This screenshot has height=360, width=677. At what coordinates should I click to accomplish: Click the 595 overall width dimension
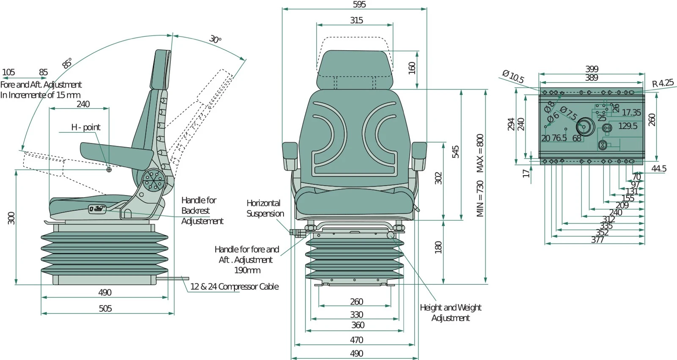(x=359, y=5)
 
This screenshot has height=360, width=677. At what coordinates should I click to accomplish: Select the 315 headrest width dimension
(x=356, y=20)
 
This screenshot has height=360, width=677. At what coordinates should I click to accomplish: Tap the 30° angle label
(x=215, y=39)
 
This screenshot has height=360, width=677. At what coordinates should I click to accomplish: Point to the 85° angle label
(x=67, y=63)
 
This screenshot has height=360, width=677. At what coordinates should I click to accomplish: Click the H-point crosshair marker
(x=109, y=170)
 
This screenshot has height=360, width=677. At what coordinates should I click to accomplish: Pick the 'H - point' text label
(x=85, y=127)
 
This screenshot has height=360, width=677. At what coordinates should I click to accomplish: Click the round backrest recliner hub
(x=152, y=181)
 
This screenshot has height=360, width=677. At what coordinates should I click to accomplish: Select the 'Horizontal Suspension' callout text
(x=265, y=209)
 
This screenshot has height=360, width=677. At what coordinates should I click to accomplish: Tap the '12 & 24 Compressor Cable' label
(x=234, y=287)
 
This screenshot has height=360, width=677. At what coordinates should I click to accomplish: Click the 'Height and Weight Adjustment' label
(x=450, y=313)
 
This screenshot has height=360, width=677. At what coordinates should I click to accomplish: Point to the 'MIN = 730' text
(x=480, y=198)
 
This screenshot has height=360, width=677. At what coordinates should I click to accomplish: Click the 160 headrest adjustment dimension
(x=412, y=68)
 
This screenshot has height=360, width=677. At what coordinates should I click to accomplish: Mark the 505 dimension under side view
(x=105, y=308)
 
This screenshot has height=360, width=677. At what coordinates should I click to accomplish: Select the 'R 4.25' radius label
(x=663, y=83)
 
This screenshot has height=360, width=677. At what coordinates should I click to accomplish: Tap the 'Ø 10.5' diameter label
(x=513, y=77)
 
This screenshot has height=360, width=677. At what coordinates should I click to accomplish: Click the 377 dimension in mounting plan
(x=597, y=240)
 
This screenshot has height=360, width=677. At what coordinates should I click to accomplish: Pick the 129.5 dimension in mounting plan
(x=627, y=126)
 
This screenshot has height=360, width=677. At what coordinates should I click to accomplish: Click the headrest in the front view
(x=355, y=69)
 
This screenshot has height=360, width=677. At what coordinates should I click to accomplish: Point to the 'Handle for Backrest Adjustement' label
(x=202, y=211)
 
